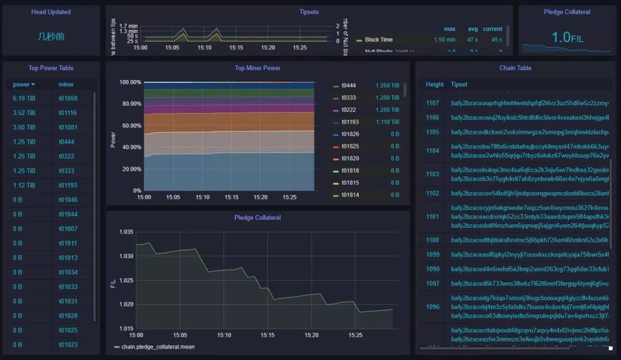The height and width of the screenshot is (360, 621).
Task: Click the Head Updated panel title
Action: [51, 12]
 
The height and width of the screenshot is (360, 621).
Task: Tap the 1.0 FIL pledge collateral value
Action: [567, 38]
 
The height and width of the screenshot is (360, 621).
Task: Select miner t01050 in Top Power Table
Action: [68, 98]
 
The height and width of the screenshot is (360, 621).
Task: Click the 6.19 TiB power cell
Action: [24, 98]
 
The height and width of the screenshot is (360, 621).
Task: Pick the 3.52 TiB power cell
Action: [24, 113]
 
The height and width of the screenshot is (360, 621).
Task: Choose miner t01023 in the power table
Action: [68, 344]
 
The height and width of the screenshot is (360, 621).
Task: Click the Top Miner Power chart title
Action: [258, 68]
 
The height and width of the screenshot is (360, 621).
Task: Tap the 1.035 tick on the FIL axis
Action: [126, 232]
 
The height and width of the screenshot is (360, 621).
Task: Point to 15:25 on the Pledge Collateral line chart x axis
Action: [355, 335]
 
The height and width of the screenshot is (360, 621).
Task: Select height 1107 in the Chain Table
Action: [432, 103]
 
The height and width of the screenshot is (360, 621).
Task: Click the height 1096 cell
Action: [432, 307]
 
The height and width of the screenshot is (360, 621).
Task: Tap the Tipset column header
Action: [459, 85]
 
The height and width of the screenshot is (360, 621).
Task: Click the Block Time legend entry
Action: [378, 40]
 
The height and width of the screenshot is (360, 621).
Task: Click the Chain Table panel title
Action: [515, 68]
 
